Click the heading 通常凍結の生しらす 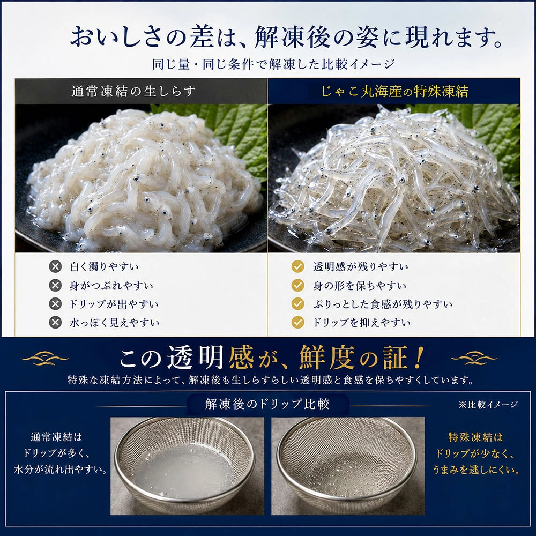click(133, 91)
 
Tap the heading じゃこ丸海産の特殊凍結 click(394, 91)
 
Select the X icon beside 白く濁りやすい click(55, 266)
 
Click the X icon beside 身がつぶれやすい click(55, 285)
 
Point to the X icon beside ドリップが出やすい click(55, 303)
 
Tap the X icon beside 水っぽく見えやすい click(55, 322)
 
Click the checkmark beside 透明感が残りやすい click(297, 266)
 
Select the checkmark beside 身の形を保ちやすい click(297, 285)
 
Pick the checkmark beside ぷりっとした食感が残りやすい click(297, 303)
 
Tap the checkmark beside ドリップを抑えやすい click(297, 322)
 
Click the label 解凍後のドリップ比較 click(267, 404)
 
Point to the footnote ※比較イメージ click(488, 404)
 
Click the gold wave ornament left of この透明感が click(45, 359)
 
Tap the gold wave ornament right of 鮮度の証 click(474, 358)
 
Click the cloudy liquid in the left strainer click(183, 467)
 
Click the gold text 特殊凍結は click(475, 437)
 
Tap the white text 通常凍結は click(57, 437)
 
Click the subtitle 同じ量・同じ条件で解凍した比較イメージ click(273, 64)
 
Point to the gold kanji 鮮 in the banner click(312, 358)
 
